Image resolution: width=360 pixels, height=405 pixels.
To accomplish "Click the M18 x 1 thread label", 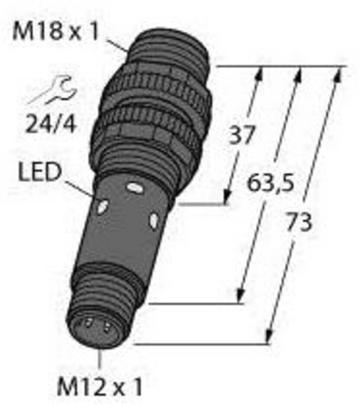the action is [x=55, y=32].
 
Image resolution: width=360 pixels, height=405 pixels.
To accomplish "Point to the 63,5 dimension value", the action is [x=270, y=183].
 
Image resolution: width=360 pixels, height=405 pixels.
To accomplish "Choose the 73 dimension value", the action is [x=299, y=222].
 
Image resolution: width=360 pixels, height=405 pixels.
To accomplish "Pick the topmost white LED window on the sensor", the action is [x=134, y=188].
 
